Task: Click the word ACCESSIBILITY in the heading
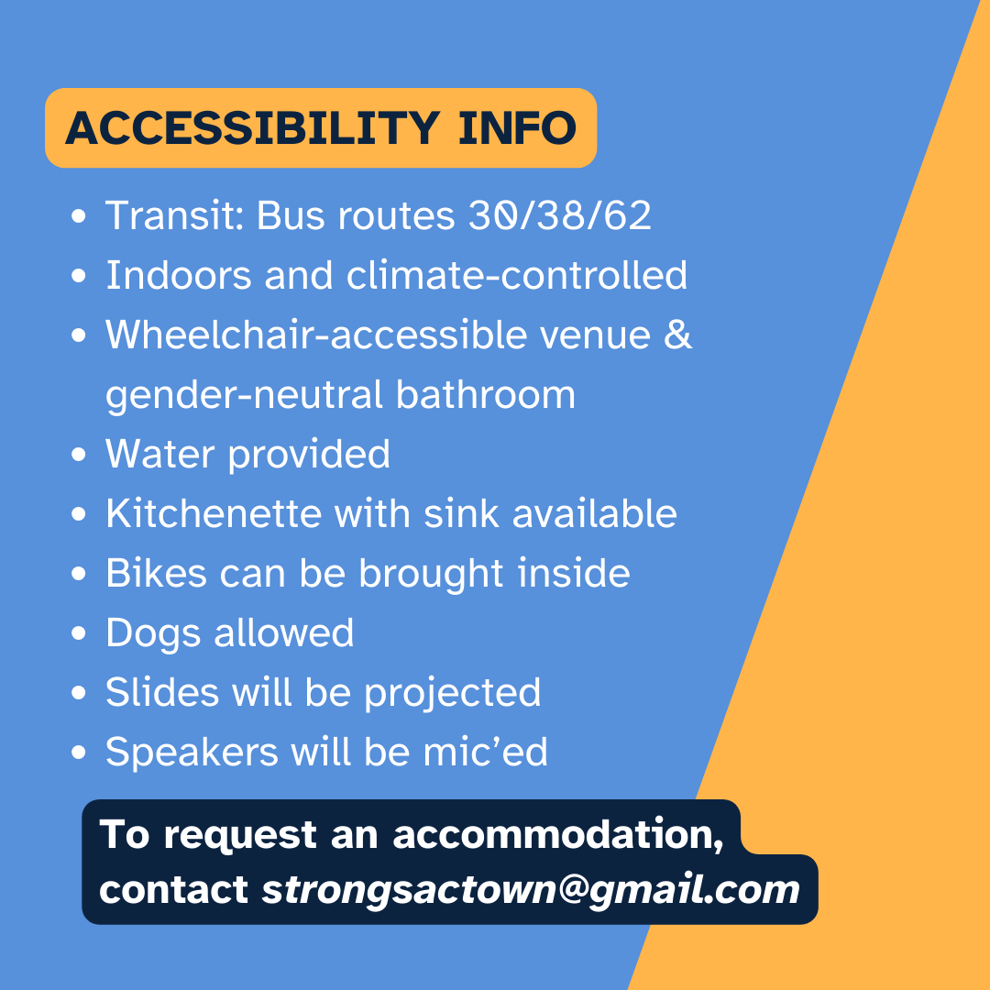pyautogui.click(x=253, y=128)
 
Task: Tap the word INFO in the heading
pyautogui.click(x=518, y=128)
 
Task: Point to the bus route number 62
pyautogui.click(x=627, y=216)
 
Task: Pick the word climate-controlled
pyautogui.click(x=517, y=275)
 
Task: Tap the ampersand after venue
pyautogui.click(x=678, y=334)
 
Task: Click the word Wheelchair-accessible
pyautogui.click(x=316, y=334)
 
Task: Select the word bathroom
pyautogui.click(x=486, y=394)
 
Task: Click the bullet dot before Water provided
pyautogui.click(x=78, y=455)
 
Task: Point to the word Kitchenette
pyautogui.click(x=214, y=513)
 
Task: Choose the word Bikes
pyautogui.click(x=156, y=573)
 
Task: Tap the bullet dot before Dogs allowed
pyautogui.click(x=78, y=633)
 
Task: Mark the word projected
pyautogui.click(x=453, y=693)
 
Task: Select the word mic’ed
pyautogui.click(x=485, y=752)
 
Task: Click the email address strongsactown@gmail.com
pyautogui.click(x=531, y=890)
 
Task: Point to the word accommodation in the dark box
pyautogui.click(x=558, y=835)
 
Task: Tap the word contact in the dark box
pyautogui.click(x=173, y=890)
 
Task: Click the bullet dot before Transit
pyautogui.click(x=78, y=216)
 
